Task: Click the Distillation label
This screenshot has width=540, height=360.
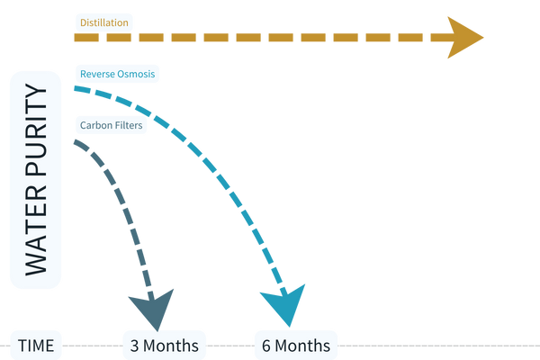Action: [103, 20]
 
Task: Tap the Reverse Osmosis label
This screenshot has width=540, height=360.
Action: [117, 73]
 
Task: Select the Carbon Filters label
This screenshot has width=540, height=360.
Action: [110, 125]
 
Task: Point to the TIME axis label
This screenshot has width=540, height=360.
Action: [36, 345]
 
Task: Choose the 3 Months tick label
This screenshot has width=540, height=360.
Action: [166, 345]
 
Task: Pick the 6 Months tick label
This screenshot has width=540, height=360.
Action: [297, 345]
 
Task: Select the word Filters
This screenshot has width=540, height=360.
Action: [127, 125]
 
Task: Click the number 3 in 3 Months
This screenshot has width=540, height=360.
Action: [135, 345]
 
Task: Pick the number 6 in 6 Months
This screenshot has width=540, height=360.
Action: [266, 345]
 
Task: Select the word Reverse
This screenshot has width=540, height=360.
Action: [97, 73]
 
